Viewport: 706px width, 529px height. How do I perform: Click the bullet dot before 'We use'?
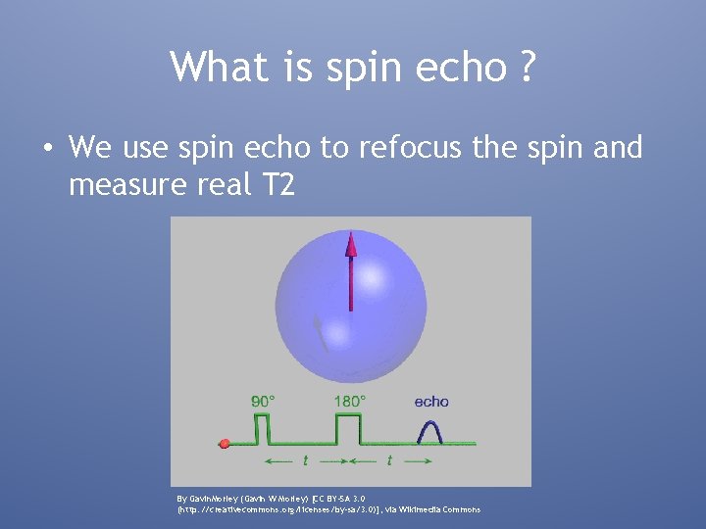(x=47, y=149)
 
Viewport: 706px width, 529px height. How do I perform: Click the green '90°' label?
(x=263, y=401)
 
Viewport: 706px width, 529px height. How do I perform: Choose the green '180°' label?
(x=349, y=401)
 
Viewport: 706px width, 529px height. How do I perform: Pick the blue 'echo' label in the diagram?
(x=430, y=401)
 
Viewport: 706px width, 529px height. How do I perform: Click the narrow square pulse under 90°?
(x=262, y=428)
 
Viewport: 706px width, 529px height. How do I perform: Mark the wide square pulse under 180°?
(x=348, y=428)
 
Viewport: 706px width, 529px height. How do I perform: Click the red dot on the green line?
(x=225, y=444)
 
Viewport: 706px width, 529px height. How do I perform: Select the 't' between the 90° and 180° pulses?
(x=305, y=459)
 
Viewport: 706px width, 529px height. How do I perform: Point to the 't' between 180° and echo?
(x=390, y=459)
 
